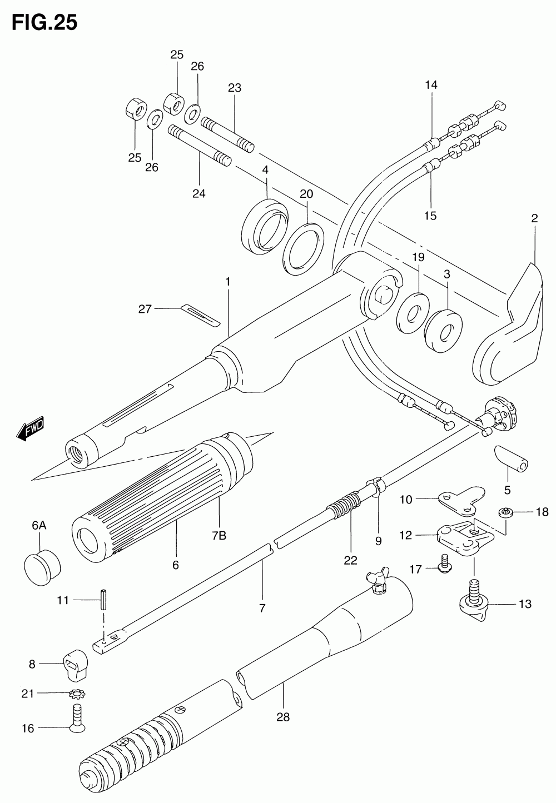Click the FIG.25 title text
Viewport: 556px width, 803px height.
(44, 23)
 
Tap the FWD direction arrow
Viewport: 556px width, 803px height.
(31, 428)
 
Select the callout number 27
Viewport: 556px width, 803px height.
(145, 309)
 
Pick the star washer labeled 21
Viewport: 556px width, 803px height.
(77, 694)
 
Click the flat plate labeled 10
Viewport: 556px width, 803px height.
(461, 500)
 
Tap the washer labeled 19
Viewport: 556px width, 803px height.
(413, 313)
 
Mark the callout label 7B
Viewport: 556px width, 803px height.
(219, 536)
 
